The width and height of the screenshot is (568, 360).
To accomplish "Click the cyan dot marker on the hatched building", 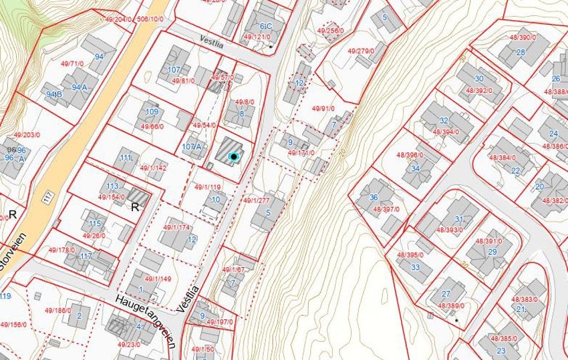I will tap(233, 156).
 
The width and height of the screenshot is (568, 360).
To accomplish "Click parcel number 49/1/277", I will tap(257, 200).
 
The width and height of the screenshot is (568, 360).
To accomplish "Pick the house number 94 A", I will tap(80, 86).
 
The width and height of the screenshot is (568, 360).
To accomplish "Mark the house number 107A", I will tap(192, 146).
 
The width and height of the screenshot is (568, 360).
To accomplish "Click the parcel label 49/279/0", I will tap(361, 51).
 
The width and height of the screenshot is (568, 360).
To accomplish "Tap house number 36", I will tap(374, 197).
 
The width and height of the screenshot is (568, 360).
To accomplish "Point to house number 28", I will tap(521, 52).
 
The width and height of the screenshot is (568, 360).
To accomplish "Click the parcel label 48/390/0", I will tap(524, 38).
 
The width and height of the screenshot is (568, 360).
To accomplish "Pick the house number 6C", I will tap(267, 25).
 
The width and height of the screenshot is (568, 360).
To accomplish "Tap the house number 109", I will tap(152, 112).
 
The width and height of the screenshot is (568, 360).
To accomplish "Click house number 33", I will tap(416, 268).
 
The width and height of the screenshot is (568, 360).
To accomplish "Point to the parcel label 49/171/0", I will tap(301, 153).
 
